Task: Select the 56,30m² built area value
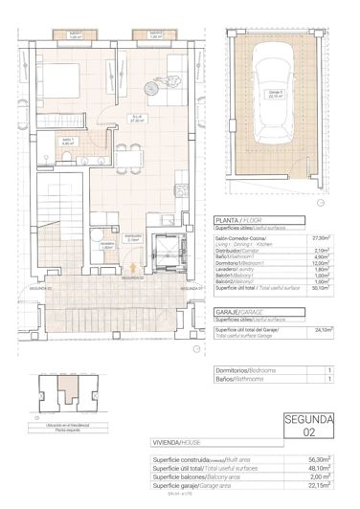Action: [320, 459]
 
